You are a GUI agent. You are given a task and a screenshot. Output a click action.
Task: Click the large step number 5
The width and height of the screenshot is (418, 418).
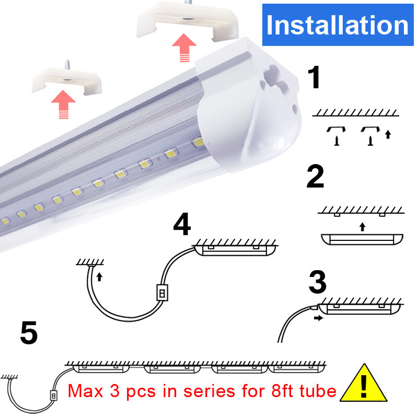[29, 333]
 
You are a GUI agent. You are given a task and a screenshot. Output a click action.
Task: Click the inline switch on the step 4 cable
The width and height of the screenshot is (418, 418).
[162, 293]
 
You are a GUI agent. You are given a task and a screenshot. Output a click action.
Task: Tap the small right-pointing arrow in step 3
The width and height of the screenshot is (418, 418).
[316, 317]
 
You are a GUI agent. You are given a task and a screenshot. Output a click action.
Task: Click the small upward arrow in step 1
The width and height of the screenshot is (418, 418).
[387, 134]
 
